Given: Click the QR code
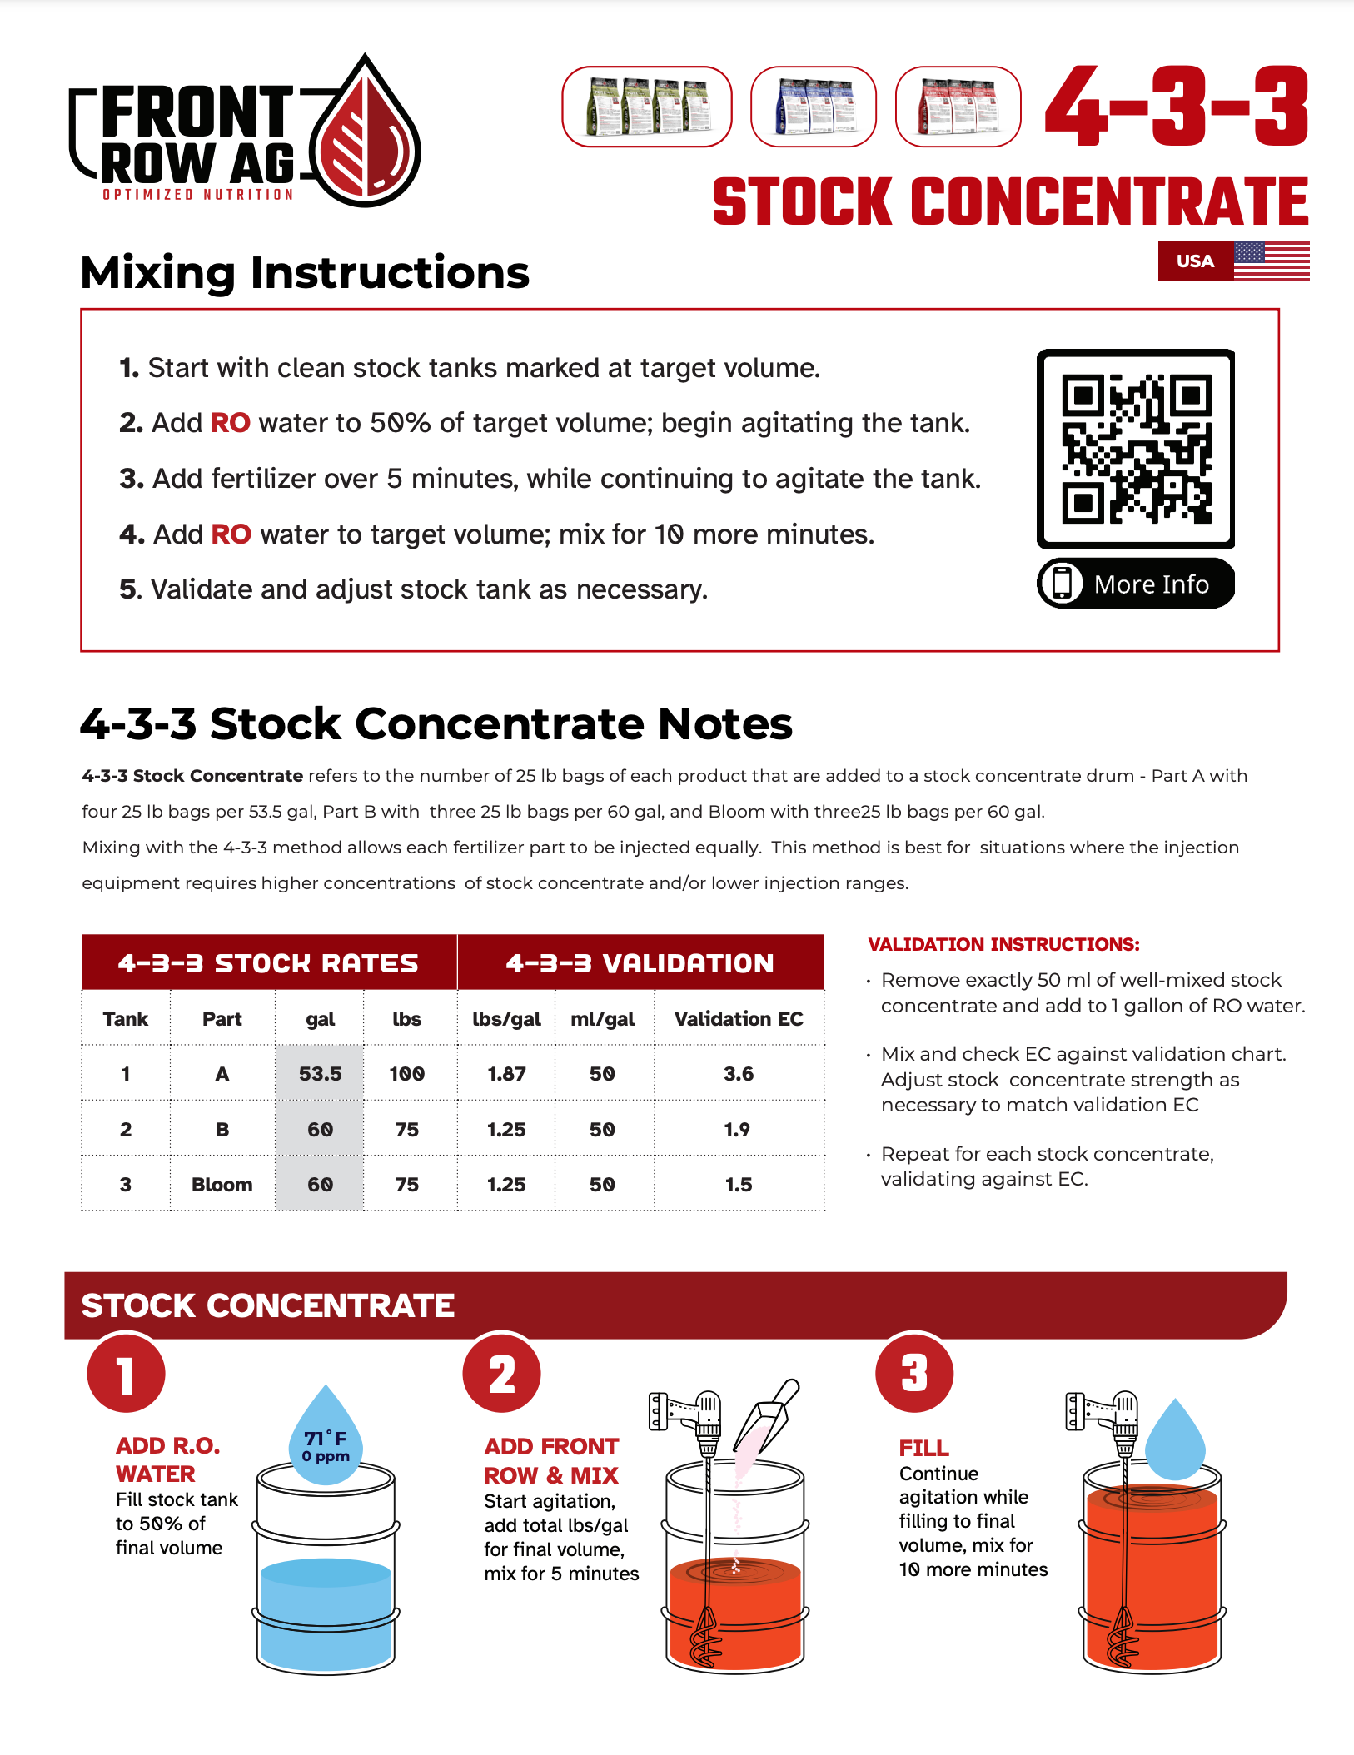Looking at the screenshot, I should (1135, 449).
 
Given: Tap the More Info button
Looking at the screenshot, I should (1135, 584).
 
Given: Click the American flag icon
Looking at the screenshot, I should (1271, 261).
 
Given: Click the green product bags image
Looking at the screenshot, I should (647, 107).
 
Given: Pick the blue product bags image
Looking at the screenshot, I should (813, 107).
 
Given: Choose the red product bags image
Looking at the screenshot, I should (958, 107).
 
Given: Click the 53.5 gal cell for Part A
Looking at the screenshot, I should (320, 1074).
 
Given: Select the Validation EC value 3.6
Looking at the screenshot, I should (738, 1074).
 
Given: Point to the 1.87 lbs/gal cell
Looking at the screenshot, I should (506, 1074).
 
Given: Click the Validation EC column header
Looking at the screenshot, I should (738, 1019).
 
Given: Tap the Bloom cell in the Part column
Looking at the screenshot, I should (222, 1185).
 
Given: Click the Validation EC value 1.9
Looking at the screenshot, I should (737, 1130).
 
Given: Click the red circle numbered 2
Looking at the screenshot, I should (501, 1374).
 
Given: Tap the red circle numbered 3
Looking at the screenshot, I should (913, 1374).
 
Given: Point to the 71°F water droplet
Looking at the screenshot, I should (326, 1441).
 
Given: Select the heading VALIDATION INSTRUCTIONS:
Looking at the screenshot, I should (1003, 944).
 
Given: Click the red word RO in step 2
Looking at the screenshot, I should (230, 423).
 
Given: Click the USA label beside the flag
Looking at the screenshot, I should (1194, 261).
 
